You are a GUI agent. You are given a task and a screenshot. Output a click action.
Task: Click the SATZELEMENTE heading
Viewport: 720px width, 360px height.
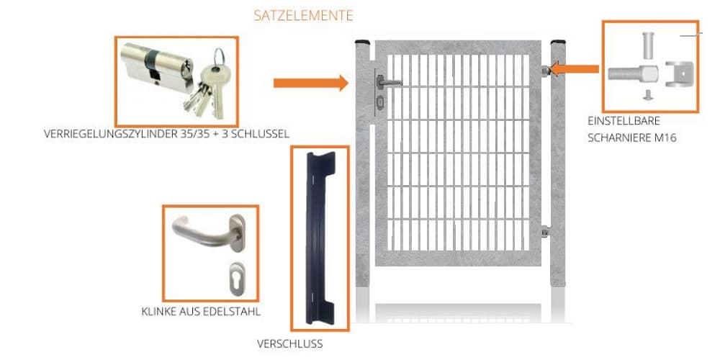(303, 15)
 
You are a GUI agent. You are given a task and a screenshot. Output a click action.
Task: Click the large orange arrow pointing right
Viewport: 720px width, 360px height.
(310, 83)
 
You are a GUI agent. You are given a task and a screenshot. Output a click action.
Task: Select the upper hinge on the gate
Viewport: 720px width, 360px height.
(546, 70)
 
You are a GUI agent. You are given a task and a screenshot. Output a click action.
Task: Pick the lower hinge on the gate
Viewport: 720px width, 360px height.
(546, 232)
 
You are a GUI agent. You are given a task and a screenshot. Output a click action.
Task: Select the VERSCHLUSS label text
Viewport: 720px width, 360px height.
(289, 344)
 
